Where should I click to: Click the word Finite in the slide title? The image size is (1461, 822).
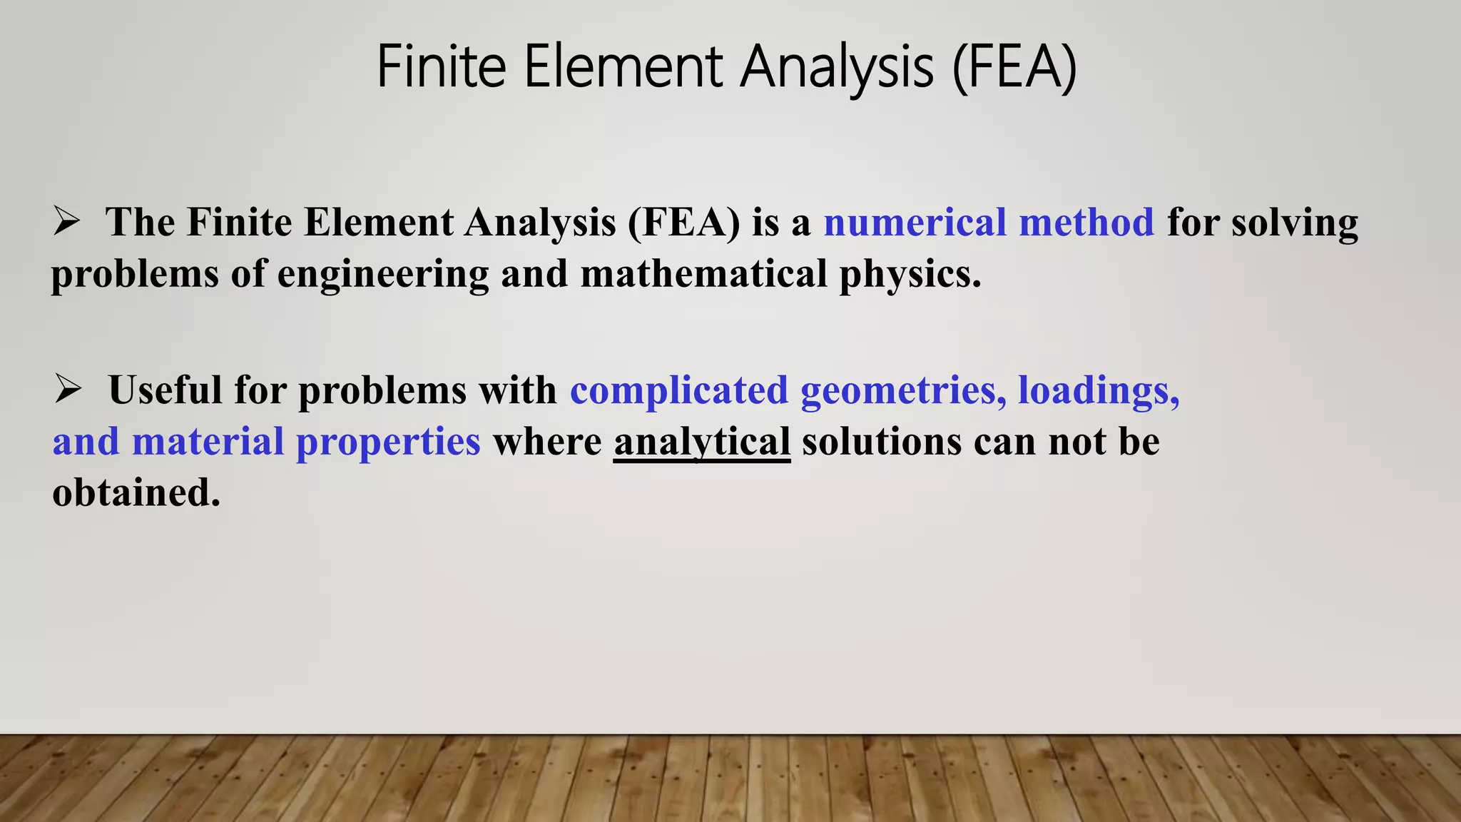442,66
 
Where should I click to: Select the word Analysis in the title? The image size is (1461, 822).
836,66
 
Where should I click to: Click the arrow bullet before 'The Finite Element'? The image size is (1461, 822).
67,222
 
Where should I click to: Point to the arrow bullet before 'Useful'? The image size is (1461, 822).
68,390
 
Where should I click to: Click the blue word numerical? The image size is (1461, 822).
915,222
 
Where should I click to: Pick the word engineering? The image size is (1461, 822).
382,275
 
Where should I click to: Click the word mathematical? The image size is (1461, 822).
703,273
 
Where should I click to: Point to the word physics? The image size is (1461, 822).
910,275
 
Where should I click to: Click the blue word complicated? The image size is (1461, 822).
678,390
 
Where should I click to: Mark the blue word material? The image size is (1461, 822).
208,442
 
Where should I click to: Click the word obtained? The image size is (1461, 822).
136,493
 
